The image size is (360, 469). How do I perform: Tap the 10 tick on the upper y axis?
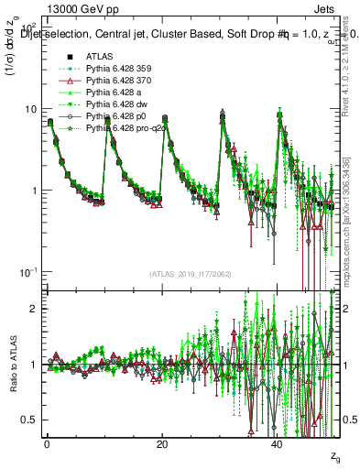30,109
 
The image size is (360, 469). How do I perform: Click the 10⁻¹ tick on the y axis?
27,272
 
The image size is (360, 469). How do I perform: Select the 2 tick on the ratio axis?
33,309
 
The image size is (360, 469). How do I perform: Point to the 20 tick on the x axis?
162,443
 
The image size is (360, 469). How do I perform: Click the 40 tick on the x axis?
278,443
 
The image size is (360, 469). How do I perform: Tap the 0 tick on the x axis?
47,443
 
